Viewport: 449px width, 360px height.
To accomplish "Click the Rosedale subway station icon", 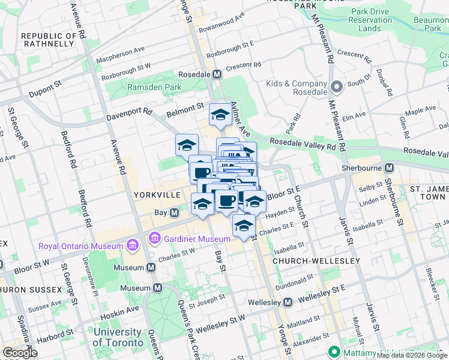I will coord(217,74).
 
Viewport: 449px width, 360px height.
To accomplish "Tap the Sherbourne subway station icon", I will coord(389,168).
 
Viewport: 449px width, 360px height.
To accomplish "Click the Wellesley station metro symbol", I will coord(288,301).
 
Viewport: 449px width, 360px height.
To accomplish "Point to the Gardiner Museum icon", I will coord(155,239).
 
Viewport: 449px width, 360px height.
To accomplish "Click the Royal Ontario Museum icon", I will coord(133,245).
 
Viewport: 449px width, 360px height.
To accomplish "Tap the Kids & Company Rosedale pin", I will coord(336,88).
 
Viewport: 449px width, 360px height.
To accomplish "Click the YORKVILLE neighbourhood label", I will coord(157,196).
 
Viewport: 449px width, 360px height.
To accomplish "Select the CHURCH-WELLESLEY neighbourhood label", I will coord(316,261).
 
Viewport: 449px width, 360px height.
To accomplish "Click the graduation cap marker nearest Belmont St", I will coord(220,115).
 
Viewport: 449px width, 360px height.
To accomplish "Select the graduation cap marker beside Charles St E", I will coord(243,226).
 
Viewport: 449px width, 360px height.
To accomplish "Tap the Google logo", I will coord(20,353).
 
